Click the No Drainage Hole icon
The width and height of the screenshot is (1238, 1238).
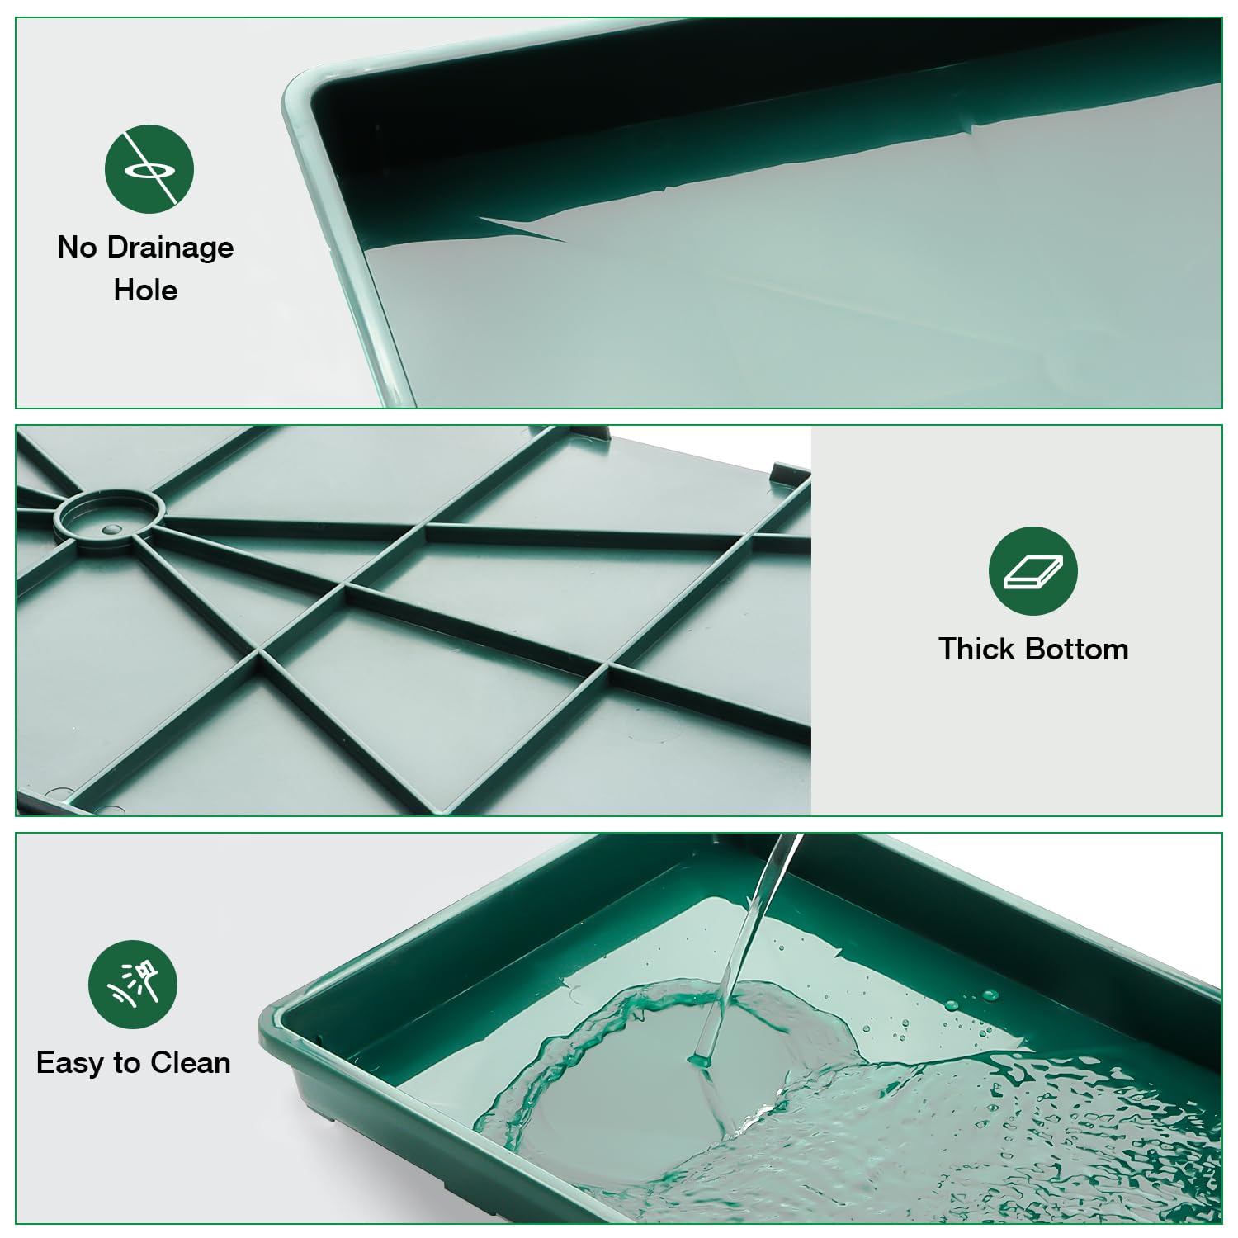tap(149, 169)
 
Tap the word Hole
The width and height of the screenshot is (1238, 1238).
tap(145, 291)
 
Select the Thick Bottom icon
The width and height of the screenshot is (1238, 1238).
tap(1033, 571)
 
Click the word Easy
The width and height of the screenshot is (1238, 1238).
tap(71, 1063)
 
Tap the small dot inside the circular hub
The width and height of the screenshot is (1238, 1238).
tap(110, 526)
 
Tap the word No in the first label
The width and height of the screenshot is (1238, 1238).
tap(77, 248)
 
